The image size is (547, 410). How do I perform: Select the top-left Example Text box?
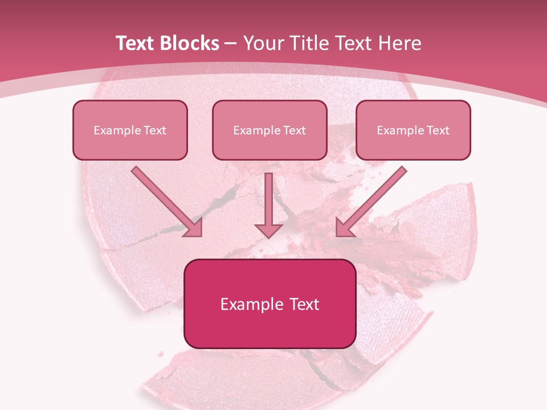tap(130, 130)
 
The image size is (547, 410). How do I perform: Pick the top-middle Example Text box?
tap(270, 130)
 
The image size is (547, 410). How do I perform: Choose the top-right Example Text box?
tap(413, 130)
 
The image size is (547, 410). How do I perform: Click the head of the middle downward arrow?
tap(268, 229)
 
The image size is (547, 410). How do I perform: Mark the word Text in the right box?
tap(438, 130)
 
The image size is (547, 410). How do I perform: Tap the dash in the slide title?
tap(231, 43)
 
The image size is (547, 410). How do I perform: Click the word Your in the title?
tap(264, 43)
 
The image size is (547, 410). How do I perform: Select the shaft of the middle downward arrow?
tap(268, 196)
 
